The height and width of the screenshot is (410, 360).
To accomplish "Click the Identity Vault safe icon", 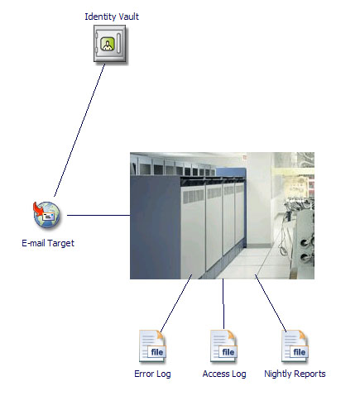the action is click(x=110, y=43).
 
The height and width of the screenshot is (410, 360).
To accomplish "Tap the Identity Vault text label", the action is click(x=112, y=17).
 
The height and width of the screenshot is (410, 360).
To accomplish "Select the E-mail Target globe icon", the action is click(x=46, y=215).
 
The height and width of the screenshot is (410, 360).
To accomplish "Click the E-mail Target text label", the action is click(x=48, y=243).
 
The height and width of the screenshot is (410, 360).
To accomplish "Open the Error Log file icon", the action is click(x=152, y=346).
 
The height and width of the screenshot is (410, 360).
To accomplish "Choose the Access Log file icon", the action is click(x=223, y=346).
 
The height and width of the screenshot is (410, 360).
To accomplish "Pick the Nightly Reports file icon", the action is click(x=295, y=346).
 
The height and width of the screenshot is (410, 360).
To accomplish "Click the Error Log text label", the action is click(x=152, y=374).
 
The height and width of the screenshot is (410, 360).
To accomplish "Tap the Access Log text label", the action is click(x=224, y=374).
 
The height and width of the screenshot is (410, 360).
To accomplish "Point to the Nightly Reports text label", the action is click(x=295, y=374).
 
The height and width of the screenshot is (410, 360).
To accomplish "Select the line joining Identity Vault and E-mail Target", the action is click(x=79, y=130).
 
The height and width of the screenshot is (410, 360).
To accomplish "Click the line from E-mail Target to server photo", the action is click(x=98, y=215).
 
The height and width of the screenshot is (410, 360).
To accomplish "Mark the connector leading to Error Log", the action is click(x=176, y=303).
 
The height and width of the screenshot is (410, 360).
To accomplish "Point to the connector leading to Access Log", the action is click(x=223, y=304).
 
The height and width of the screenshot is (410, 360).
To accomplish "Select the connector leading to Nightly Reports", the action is click(x=271, y=303).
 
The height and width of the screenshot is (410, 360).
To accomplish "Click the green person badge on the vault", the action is click(x=107, y=44).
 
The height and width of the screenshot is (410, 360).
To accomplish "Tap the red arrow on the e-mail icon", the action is click(x=38, y=210).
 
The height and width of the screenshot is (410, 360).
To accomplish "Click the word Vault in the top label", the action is click(x=127, y=17).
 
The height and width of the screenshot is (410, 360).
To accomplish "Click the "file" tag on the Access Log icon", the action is click(x=228, y=352).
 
